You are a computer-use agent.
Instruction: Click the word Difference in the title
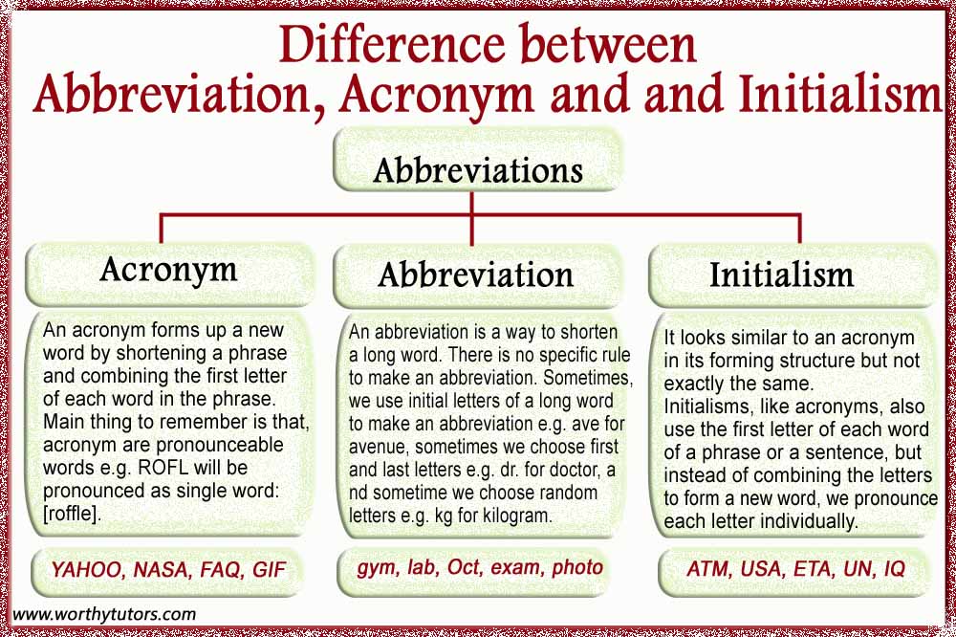pos(391,44)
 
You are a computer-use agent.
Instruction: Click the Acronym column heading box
pos(169,274)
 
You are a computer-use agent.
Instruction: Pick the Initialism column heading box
pos(792,275)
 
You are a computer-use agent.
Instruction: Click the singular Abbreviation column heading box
pos(477,275)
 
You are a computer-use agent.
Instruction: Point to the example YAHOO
pos(86,570)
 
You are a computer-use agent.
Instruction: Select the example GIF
pos(269,570)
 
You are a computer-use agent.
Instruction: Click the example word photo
pos(576,568)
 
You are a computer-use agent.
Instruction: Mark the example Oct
pos(464,567)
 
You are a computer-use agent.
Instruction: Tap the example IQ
pos(894,569)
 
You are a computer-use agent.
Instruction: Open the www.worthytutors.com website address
pos(104,614)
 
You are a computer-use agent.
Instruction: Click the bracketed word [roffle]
pos(71,514)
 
